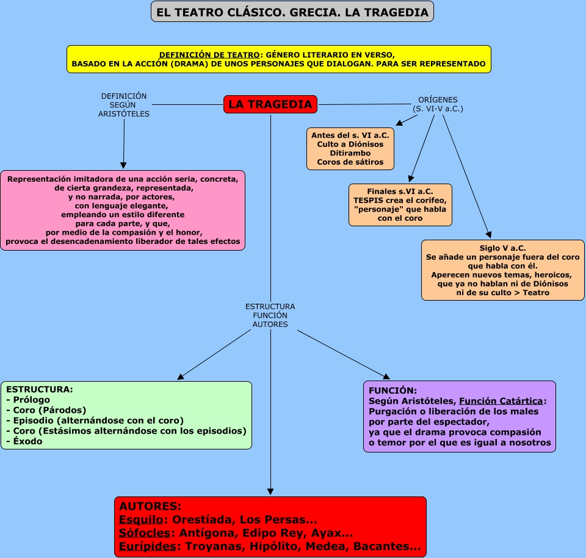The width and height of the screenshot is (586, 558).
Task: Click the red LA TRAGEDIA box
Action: (270, 104)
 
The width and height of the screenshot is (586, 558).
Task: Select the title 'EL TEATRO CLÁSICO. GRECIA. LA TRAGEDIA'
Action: (292, 12)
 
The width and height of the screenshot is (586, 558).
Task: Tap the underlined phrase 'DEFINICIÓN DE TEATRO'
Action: (209, 55)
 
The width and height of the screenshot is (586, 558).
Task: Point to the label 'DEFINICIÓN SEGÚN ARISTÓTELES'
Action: (124, 105)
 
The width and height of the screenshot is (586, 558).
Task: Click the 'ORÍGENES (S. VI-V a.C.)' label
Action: (438, 104)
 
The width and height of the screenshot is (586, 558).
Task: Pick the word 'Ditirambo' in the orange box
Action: (350, 153)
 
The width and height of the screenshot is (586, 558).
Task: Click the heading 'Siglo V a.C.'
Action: (502, 248)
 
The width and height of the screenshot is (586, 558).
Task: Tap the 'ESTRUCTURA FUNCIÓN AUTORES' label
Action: (270, 315)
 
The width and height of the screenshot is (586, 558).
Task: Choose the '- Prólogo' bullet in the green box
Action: (28, 400)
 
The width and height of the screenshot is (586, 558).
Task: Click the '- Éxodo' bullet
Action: (24, 442)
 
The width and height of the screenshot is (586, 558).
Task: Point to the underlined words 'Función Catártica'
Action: (501, 401)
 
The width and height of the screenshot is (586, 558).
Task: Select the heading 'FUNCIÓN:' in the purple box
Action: (393, 390)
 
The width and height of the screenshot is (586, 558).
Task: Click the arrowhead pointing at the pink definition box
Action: (123, 165)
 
